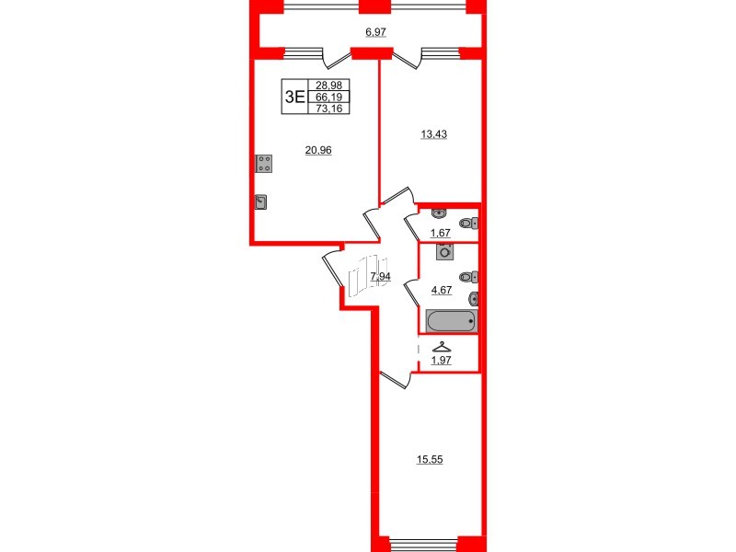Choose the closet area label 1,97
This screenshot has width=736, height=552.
(x=443, y=361)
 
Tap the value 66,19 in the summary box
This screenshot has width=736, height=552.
(x=328, y=96)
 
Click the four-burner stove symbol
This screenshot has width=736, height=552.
(x=264, y=164)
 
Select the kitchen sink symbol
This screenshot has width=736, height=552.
(x=261, y=202)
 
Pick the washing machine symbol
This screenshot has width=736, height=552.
(x=446, y=251)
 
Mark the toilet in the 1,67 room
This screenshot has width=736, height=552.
(x=470, y=224)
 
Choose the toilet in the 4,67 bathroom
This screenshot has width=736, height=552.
(x=470, y=277)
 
